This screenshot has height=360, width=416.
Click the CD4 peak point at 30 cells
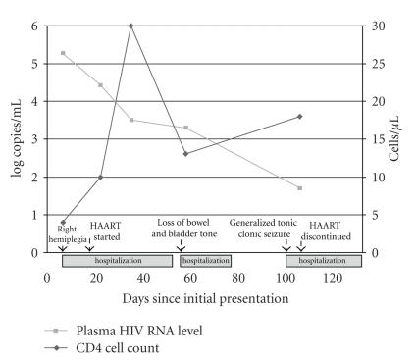click(x=131, y=26)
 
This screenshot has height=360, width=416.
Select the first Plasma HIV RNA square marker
click(x=64, y=53)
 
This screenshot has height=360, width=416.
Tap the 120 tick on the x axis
click(x=334, y=279)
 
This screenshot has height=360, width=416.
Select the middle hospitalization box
click(x=206, y=260)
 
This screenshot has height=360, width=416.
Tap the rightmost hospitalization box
click(x=324, y=260)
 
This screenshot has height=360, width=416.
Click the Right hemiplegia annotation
click(x=68, y=232)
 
